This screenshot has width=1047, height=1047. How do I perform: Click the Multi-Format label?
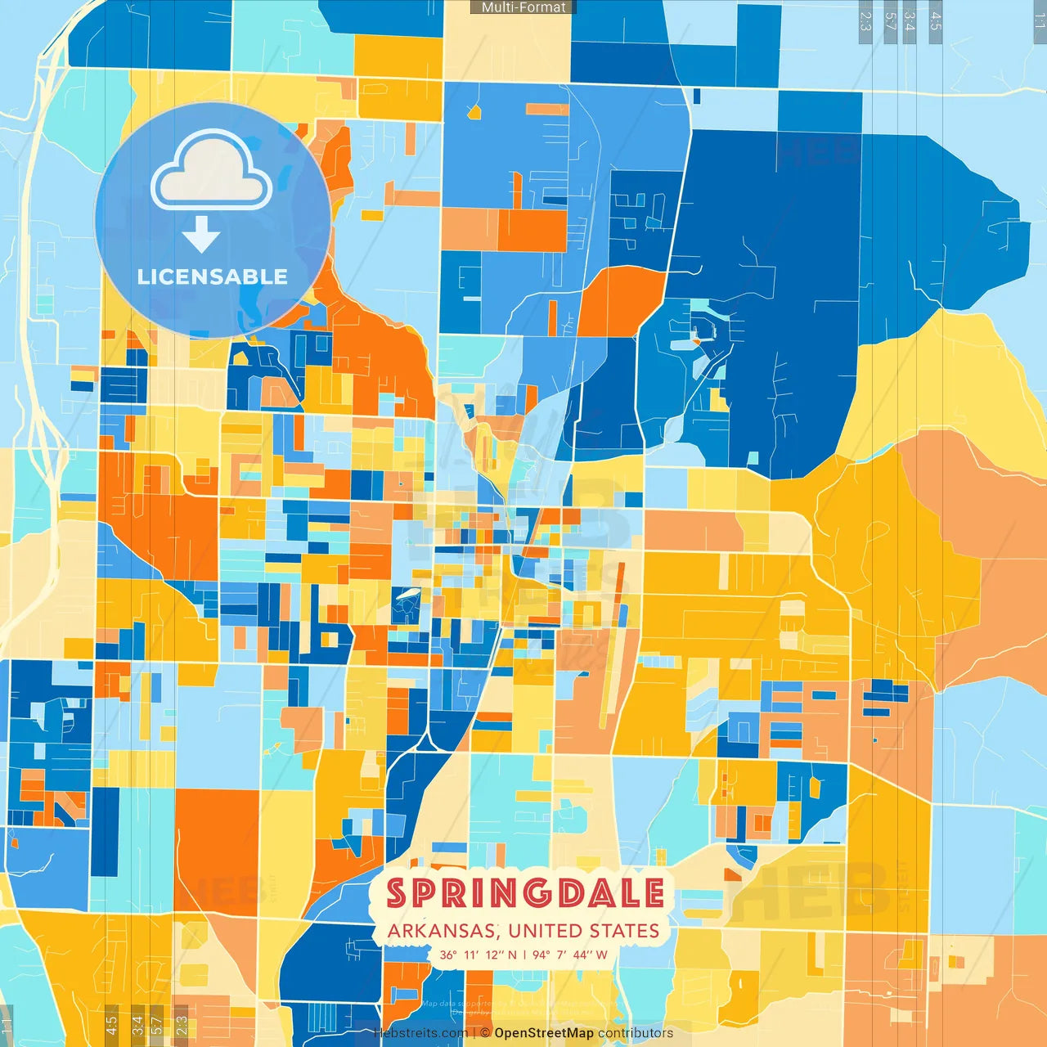tap(523, 7)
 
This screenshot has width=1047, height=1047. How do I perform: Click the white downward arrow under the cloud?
tap(201, 236)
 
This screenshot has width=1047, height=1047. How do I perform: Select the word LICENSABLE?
tap(213, 276)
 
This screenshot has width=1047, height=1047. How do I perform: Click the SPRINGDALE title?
tap(525, 893)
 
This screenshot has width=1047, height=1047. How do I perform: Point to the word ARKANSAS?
tap(442, 931)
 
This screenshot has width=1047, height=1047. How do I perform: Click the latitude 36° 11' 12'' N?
tap(479, 955)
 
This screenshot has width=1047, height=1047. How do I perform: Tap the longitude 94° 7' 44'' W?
tap(570, 955)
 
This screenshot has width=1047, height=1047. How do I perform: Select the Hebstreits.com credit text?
tap(420, 1033)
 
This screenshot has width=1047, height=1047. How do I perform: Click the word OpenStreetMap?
tap(544, 1033)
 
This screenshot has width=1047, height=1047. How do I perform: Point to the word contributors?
tap(636, 1033)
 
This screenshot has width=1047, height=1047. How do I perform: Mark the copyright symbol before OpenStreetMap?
tap(485, 1033)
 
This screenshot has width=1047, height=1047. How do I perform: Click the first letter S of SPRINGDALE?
tap(398, 893)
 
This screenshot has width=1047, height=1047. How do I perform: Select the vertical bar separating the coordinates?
tap(524, 955)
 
